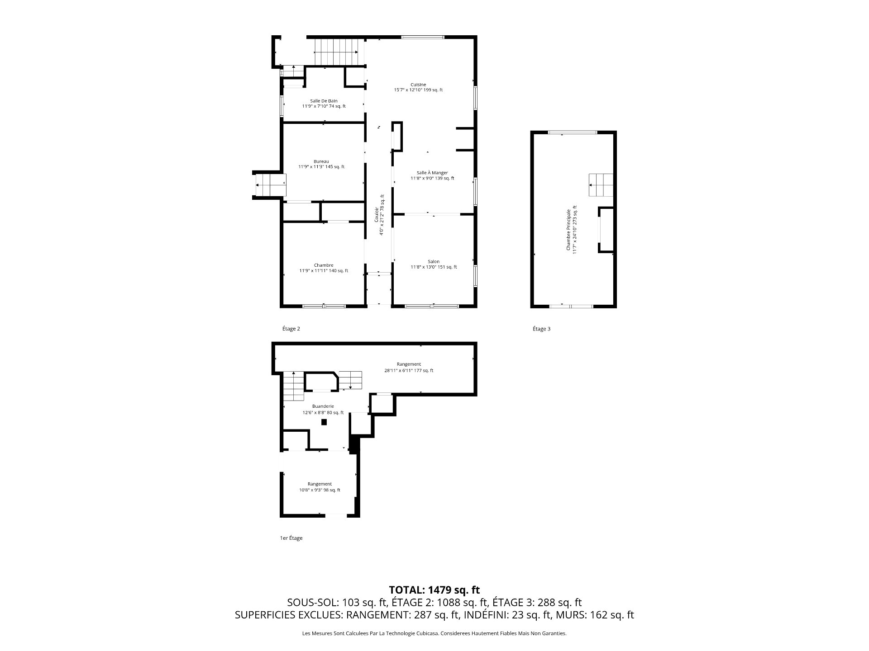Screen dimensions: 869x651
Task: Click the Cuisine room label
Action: (418, 85)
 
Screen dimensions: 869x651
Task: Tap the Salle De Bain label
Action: (324, 101)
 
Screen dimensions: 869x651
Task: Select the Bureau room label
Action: (321, 161)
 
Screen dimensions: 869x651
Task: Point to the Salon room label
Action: (434, 261)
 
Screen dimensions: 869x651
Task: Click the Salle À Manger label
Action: (432, 173)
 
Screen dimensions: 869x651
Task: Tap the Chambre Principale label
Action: (568, 230)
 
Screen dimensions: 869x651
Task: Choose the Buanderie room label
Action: (323, 406)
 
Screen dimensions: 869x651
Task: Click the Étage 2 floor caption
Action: (291, 329)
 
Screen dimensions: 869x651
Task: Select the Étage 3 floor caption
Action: (541, 329)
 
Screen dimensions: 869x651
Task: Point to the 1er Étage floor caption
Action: (291, 538)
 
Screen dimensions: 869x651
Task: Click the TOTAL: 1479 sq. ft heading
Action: (434, 590)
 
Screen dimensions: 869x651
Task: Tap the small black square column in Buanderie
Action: (324, 422)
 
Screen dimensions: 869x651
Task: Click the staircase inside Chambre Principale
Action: (601, 185)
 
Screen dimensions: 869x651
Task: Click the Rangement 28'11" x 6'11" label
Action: (409, 367)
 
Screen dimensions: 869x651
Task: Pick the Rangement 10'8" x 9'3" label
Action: (320, 487)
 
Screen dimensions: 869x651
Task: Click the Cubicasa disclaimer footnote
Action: (434, 633)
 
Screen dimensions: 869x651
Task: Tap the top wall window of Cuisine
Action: (423, 37)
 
